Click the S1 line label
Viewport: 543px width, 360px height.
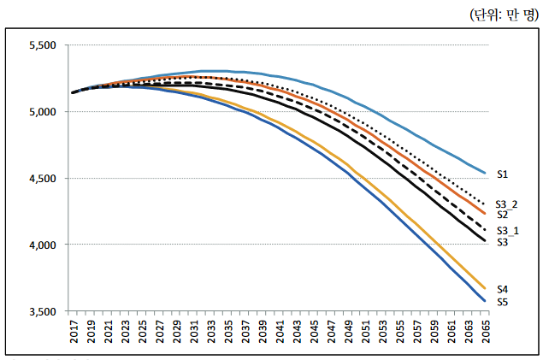coord(503,174)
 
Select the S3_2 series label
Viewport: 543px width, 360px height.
coord(507,204)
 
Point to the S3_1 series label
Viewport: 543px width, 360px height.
coord(507,231)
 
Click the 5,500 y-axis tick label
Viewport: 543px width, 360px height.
coord(42,45)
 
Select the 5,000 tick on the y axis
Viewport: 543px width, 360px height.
coord(42,112)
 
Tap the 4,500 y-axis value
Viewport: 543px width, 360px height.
coord(42,179)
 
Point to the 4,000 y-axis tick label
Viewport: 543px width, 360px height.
coord(42,245)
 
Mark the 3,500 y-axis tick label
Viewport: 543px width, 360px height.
coord(42,311)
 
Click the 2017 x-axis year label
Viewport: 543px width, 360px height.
coord(73,333)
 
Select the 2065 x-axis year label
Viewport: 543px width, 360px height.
coord(483,333)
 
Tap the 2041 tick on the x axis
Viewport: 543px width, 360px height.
coord(278,333)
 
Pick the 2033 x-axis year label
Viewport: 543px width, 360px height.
coord(210,333)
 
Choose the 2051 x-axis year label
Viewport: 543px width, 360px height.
coord(363,333)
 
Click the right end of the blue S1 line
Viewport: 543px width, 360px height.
coord(485,173)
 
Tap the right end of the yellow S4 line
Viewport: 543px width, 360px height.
coord(485,288)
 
